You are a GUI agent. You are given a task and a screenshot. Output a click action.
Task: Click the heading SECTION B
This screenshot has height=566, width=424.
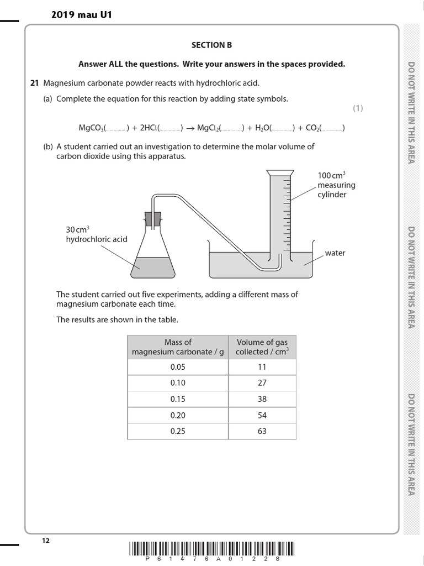211,45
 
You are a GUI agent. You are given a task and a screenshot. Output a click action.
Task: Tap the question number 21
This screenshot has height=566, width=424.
34,83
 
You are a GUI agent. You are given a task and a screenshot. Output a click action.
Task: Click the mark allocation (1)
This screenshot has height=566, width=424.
358,108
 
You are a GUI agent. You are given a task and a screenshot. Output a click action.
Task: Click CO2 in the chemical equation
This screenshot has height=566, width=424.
312,128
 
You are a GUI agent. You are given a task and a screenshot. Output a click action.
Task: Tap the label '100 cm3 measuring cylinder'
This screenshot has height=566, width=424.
336,185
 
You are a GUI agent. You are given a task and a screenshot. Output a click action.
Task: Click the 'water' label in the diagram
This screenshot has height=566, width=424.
335,253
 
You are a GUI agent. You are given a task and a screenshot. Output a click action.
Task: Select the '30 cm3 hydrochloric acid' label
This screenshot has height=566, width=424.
97,234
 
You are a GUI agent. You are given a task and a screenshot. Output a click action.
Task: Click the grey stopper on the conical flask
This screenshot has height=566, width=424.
152,219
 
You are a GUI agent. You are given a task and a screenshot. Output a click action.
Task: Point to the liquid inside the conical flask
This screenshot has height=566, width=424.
152,266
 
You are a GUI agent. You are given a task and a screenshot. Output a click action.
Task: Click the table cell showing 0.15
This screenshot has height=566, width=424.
178,399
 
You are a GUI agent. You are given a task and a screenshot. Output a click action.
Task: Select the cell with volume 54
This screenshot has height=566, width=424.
262,415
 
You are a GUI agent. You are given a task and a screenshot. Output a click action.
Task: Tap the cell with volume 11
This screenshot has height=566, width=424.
262,367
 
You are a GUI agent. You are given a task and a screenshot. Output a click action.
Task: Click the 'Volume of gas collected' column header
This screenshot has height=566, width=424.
262,347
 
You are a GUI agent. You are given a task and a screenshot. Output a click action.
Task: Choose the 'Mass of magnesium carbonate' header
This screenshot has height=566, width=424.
178,347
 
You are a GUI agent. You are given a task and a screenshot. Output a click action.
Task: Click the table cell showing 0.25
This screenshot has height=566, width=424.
178,431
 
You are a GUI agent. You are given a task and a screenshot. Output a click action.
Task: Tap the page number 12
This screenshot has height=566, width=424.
46,541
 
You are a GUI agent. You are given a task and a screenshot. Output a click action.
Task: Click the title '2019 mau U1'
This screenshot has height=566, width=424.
81,15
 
